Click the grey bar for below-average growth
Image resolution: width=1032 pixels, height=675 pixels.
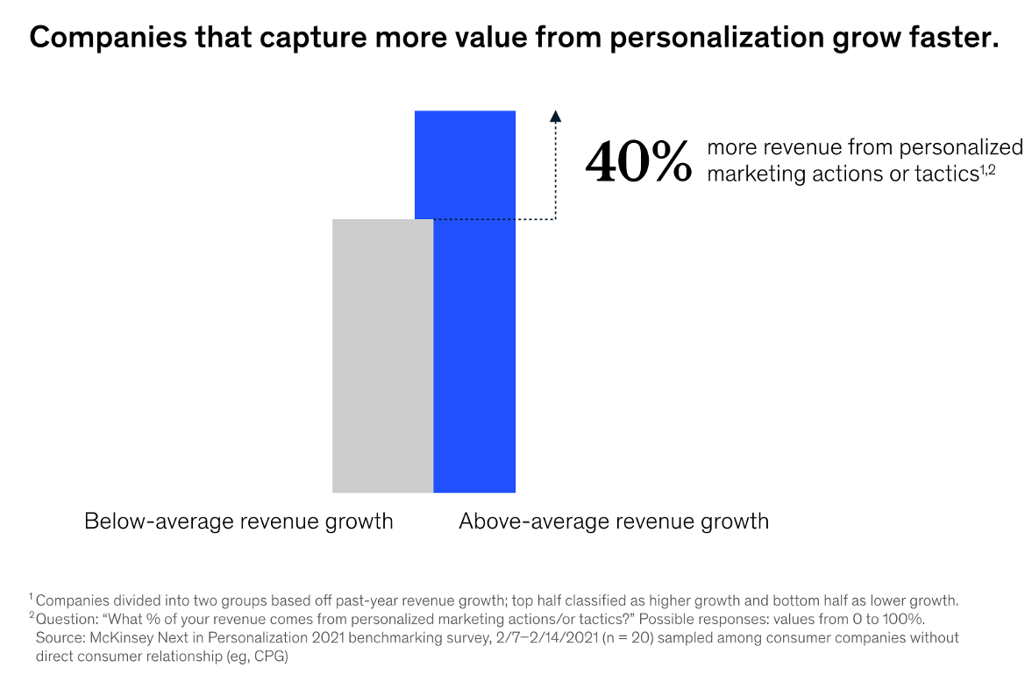(x=382, y=355)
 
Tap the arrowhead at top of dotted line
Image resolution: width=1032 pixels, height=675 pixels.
(x=555, y=115)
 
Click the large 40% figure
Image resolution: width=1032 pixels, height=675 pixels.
(x=639, y=161)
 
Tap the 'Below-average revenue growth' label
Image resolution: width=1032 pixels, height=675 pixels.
(x=238, y=522)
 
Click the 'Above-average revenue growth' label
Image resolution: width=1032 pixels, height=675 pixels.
(x=614, y=522)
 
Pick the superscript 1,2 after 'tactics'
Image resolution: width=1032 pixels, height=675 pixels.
(x=987, y=169)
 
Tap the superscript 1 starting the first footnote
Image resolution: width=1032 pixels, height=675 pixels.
(x=31, y=598)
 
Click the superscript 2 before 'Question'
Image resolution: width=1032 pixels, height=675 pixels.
(x=31, y=616)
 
